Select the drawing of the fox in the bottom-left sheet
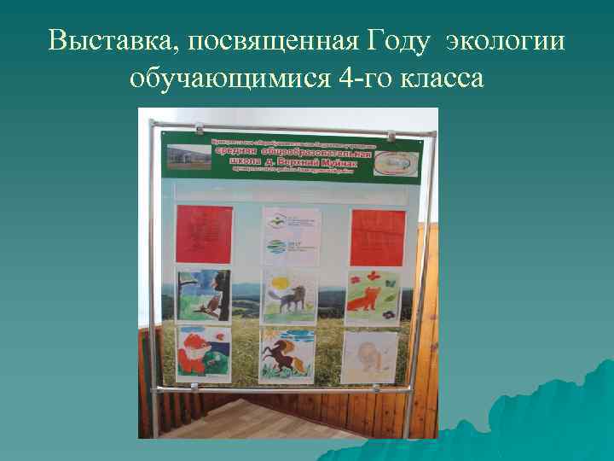200,352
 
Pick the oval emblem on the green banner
397,161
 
